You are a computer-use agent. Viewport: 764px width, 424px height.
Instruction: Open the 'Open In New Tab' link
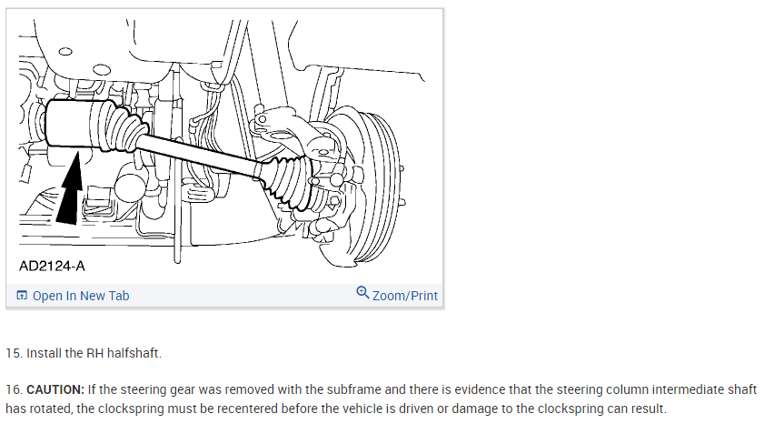coord(80,296)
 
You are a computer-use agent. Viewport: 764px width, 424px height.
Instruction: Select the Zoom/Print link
coord(404,296)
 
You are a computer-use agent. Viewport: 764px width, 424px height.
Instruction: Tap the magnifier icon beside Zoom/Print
coord(363,293)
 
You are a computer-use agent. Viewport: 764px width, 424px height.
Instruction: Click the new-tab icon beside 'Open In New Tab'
coord(22,296)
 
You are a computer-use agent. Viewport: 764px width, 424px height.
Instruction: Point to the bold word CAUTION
coord(55,389)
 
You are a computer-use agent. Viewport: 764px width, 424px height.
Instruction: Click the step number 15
coord(13,352)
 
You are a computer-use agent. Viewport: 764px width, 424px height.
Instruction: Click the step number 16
coord(13,389)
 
